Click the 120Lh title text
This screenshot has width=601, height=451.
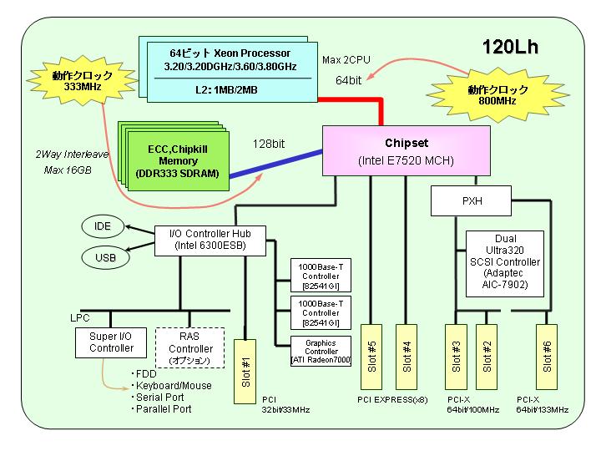click(510, 47)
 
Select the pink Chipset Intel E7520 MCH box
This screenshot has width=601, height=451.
click(407, 150)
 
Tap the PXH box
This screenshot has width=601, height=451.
click(471, 201)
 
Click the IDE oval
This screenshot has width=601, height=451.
click(103, 226)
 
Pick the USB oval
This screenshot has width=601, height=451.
click(105, 257)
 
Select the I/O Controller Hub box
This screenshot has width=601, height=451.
click(210, 241)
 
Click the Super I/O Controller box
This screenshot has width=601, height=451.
click(111, 342)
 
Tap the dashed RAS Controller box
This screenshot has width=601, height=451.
click(189, 347)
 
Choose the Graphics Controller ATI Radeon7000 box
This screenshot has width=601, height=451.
click(321, 352)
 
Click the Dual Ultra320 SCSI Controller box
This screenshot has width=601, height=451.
click(505, 263)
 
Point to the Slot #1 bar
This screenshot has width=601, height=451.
click(245, 372)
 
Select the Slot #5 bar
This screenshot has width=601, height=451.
click(371, 357)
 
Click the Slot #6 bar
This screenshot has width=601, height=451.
click(547, 357)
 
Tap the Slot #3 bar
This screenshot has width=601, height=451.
click(456, 357)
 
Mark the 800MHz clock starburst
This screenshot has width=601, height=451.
click(497, 95)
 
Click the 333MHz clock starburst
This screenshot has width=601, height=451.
click(83, 80)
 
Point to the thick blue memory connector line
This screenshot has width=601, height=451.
click(276, 164)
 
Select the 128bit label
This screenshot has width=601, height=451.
click(269, 144)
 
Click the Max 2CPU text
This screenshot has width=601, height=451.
click(346, 60)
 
